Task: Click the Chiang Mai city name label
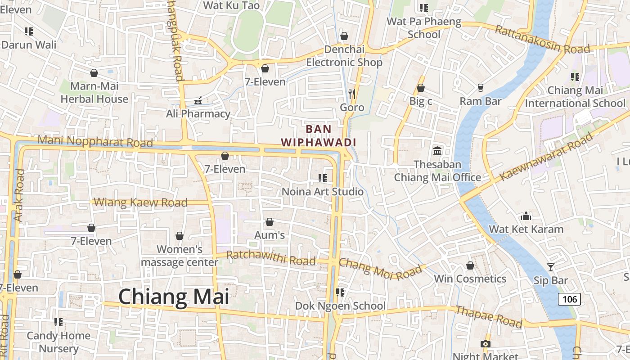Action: pyautogui.click(x=174, y=297)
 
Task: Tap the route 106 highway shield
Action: pyautogui.click(x=569, y=299)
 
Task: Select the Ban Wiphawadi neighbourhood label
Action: pyautogui.click(x=319, y=135)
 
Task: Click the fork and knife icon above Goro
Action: pyautogui.click(x=352, y=94)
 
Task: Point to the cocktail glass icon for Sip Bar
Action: pyautogui.click(x=551, y=267)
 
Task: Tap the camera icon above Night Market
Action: pyautogui.click(x=485, y=344)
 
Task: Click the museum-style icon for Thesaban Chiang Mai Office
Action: pyautogui.click(x=437, y=151)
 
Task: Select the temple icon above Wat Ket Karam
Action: pyautogui.click(x=526, y=216)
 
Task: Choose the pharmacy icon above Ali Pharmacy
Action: pyautogui.click(x=198, y=100)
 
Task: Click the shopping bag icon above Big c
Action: pyautogui.click(x=421, y=88)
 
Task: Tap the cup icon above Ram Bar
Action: pyautogui.click(x=481, y=87)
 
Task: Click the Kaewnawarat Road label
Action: pyautogui.click(x=546, y=156)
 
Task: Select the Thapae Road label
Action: pyautogui.click(x=489, y=317)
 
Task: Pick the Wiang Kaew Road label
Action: pyautogui.click(x=141, y=202)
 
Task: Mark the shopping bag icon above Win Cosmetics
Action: pyautogui.click(x=470, y=265)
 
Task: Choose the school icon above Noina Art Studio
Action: pyautogui.click(x=322, y=178)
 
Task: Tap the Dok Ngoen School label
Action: pyautogui.click(x=340, y=306)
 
